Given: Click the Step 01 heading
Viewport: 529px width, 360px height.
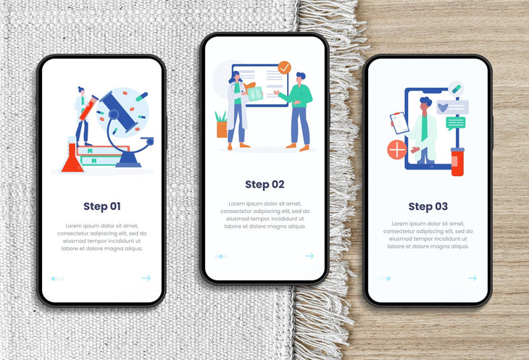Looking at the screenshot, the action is coord(102,206).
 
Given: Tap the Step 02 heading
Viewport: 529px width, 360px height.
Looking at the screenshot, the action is coord(264,185).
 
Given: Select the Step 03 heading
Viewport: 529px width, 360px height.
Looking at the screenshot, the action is coord(428,206).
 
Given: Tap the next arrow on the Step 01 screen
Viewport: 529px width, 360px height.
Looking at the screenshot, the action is coord(146,278).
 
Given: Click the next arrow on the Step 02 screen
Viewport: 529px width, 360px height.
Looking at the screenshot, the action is coord(309,256).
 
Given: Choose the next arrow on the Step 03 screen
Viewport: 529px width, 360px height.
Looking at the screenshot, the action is coord(472,278).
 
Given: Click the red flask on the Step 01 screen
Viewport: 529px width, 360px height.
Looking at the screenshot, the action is coord(72,159).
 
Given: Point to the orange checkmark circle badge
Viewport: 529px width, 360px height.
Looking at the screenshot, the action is coord(284,67).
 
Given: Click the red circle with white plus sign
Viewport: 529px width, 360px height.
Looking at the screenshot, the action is coord(397,149).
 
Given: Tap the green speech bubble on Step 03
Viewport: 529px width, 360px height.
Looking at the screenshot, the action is coord(456,123).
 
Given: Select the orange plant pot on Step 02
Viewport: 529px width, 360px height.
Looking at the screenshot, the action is coord(222,130).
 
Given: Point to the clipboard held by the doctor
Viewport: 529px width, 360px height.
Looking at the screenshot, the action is coord(399,123).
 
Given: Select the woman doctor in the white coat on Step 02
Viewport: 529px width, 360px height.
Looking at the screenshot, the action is coord(238,111).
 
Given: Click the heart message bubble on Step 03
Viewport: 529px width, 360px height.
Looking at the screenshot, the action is coord(452,107).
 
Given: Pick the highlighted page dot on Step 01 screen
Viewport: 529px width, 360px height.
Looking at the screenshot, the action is coord(54,279).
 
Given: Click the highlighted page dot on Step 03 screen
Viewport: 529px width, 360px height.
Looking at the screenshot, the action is coord(388,279).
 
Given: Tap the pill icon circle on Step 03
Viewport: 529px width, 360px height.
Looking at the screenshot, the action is coord(456,89).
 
